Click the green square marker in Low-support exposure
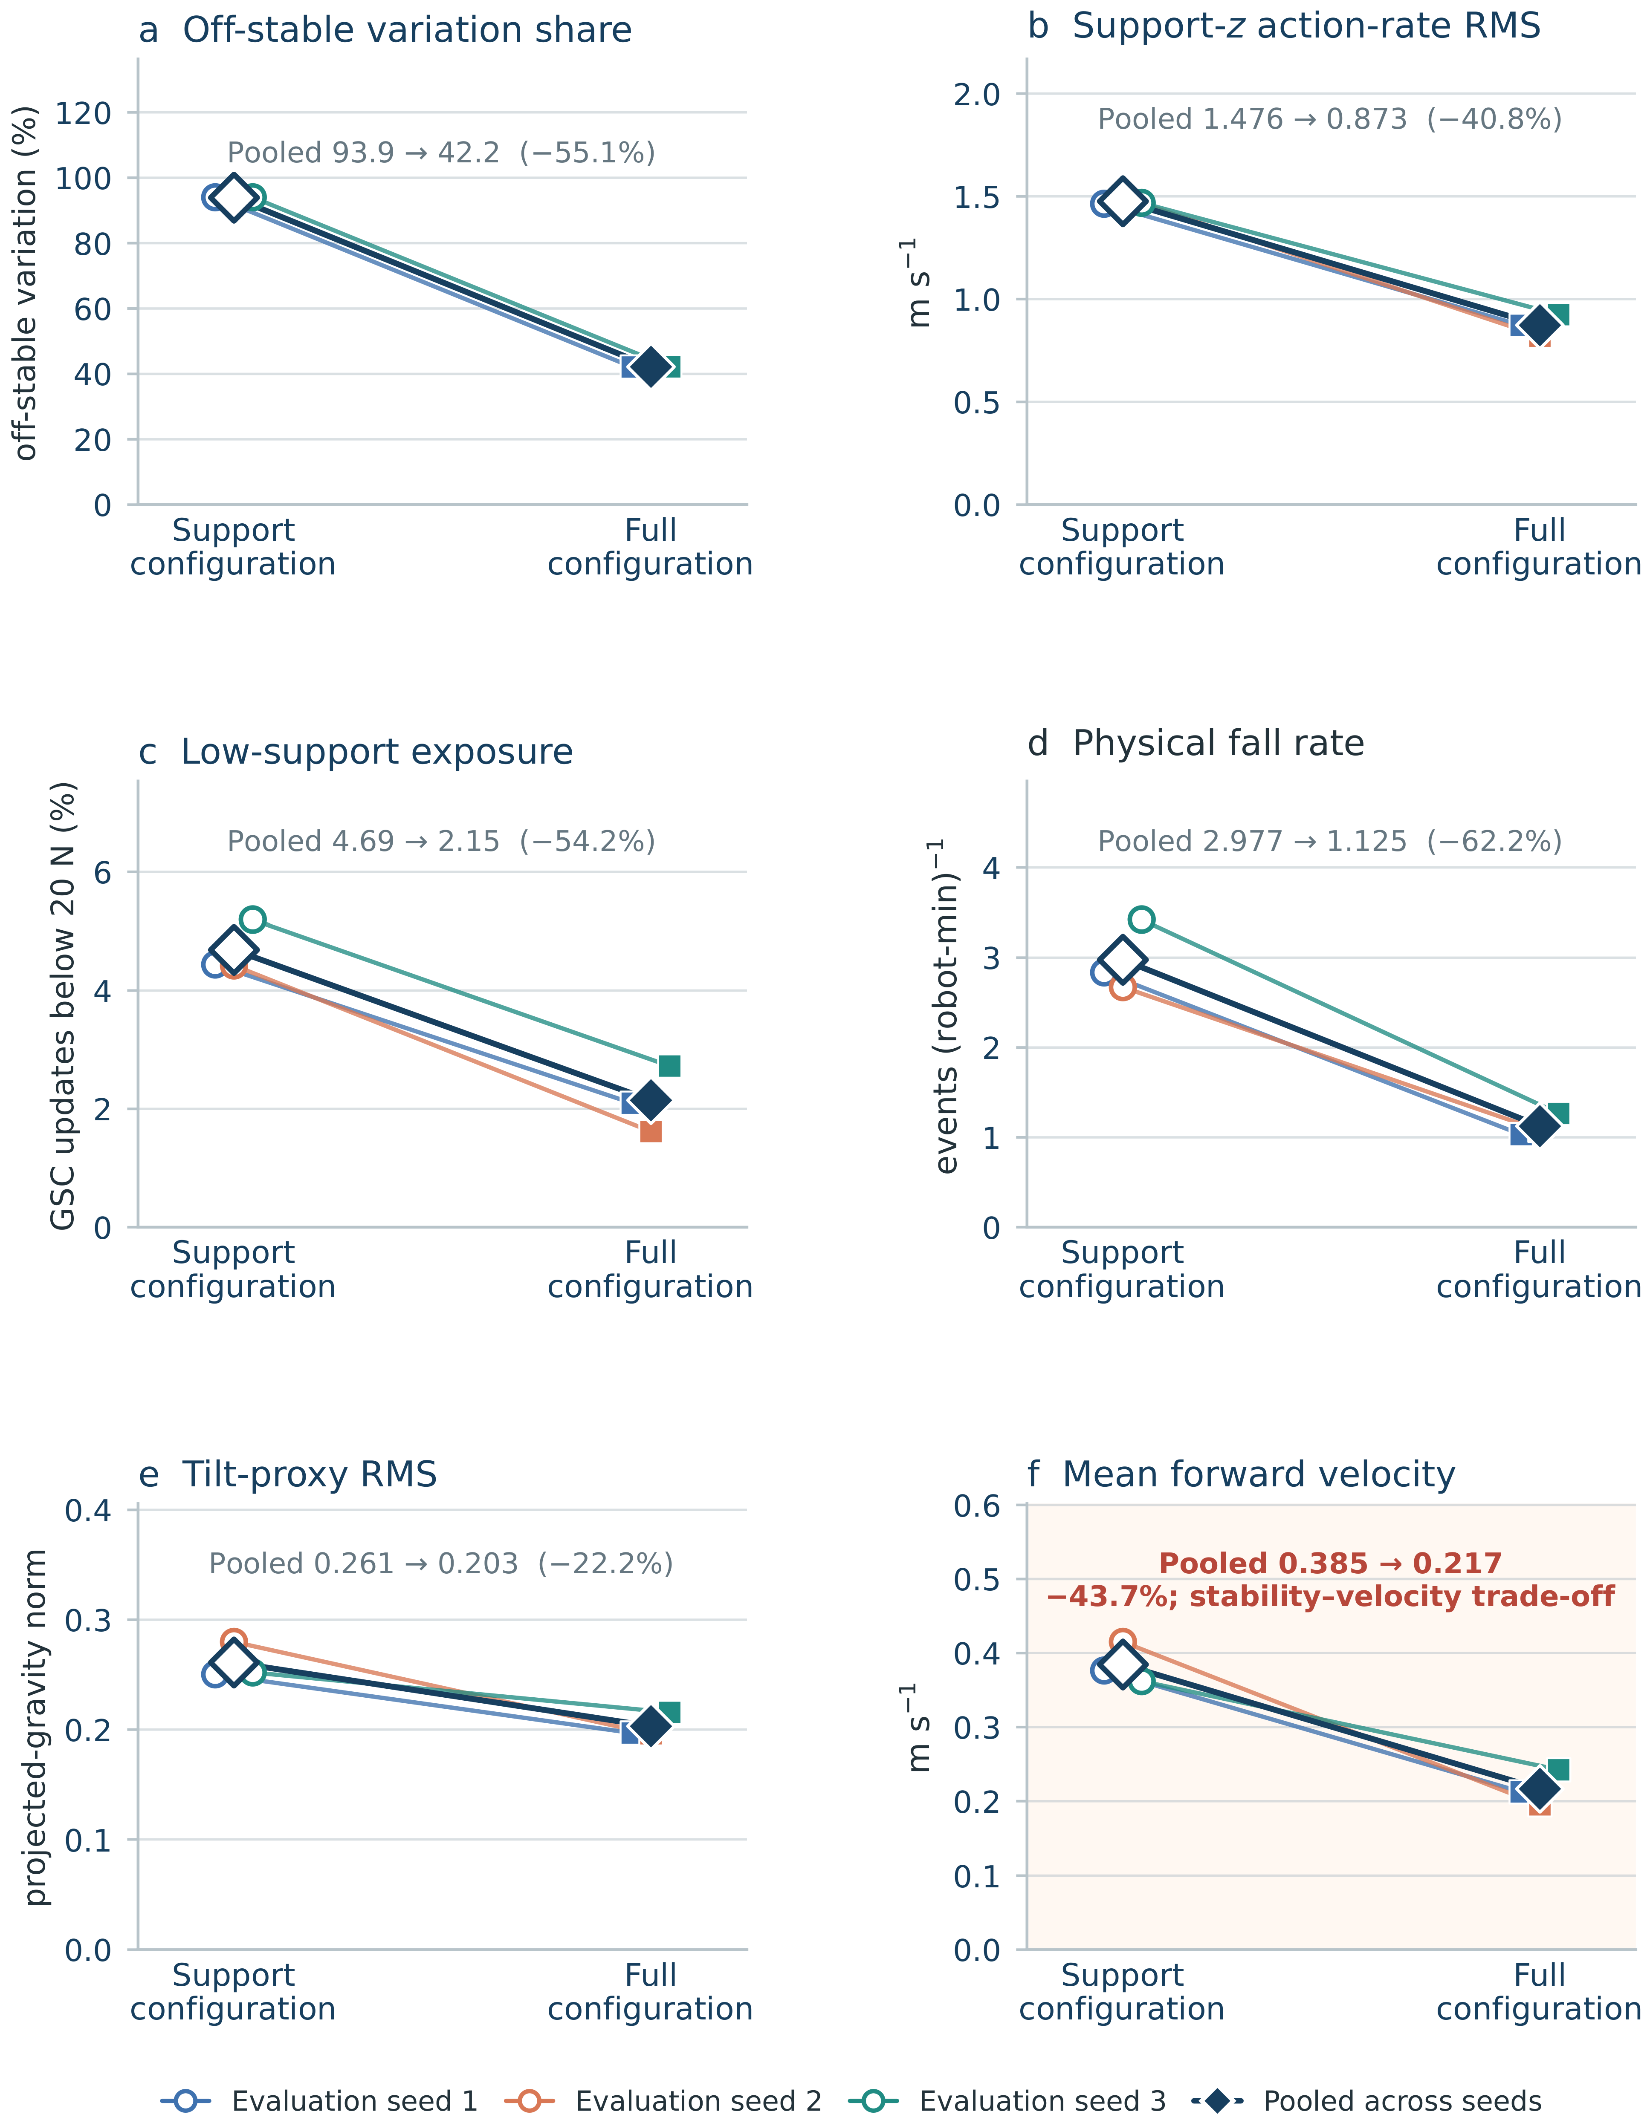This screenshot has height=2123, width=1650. pos(669,1066)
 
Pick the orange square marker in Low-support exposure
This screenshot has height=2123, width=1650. pos(651,1131)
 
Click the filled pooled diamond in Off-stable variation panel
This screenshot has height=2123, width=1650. pos(651,367)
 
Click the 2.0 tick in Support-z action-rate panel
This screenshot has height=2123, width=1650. pos(977,94)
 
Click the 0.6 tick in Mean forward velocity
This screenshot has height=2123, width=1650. pos(977,1507)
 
